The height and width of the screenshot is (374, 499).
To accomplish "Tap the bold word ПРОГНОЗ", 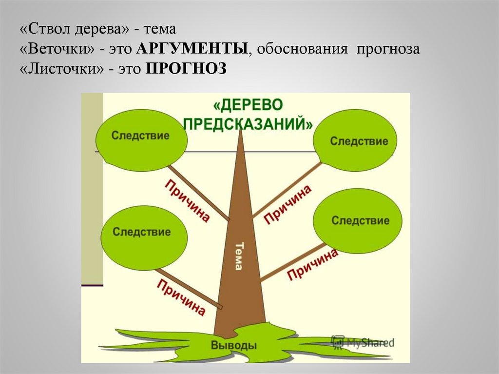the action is (x=186, y=69).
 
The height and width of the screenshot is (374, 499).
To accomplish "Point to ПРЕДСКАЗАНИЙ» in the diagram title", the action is (x=248, y=122).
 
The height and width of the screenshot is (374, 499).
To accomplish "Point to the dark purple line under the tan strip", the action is (x=92, y=284).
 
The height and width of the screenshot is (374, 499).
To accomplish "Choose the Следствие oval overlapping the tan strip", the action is (x=141, y=136).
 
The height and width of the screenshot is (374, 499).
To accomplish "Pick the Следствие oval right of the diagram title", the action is (x=359, y=141).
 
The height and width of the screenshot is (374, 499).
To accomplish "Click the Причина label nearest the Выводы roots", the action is (x=181, y=298).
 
